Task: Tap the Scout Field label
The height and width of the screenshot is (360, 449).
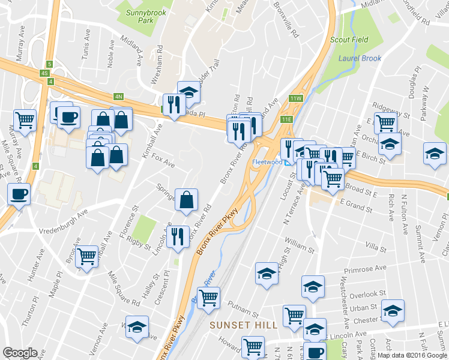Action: pos(349,40)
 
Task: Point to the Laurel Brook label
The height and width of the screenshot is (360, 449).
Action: pos(360,58)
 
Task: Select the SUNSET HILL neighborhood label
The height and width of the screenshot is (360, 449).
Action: pos(243,325)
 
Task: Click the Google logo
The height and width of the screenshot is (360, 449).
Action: pos(20,353)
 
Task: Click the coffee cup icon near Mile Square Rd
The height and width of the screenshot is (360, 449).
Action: pos(19,194)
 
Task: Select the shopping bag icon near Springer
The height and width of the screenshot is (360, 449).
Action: pos(187,199)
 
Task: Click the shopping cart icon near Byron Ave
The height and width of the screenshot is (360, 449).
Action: pos(87,256)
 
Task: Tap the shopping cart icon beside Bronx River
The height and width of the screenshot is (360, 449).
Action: pos(208,298)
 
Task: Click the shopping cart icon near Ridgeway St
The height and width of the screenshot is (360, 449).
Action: pos(385,123)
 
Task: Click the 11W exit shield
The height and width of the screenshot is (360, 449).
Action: pos(295,98)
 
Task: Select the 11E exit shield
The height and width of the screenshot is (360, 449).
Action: pos(287,119)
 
